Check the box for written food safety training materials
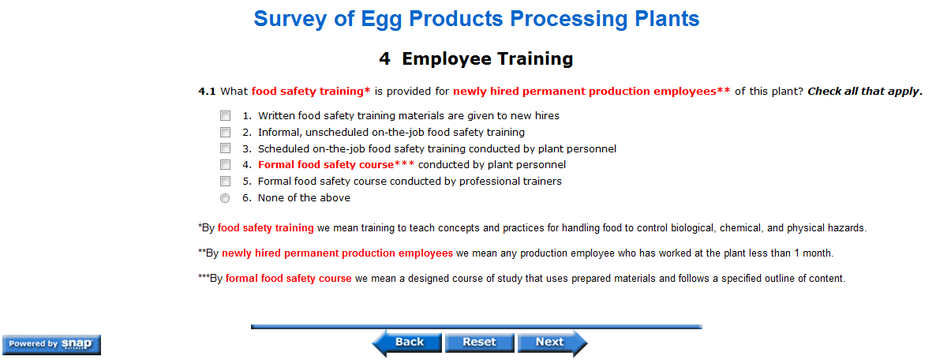(x=225, y=116)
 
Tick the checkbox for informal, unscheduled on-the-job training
(x=225, y=132)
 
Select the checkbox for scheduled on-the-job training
(x=225, y=148)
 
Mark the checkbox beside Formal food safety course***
(x=225, y=164)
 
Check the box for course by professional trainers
(x=225, y=181)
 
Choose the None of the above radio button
(x=225, y=198)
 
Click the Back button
(x=406, y=342)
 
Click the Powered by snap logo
(x=51, y=344)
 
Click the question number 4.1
(x=208, y=92)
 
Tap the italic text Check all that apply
(x=865, y=92)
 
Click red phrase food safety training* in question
(x=311, y=92)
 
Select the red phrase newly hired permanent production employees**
(x=592, y=92)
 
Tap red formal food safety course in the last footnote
(x=288, y=278)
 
